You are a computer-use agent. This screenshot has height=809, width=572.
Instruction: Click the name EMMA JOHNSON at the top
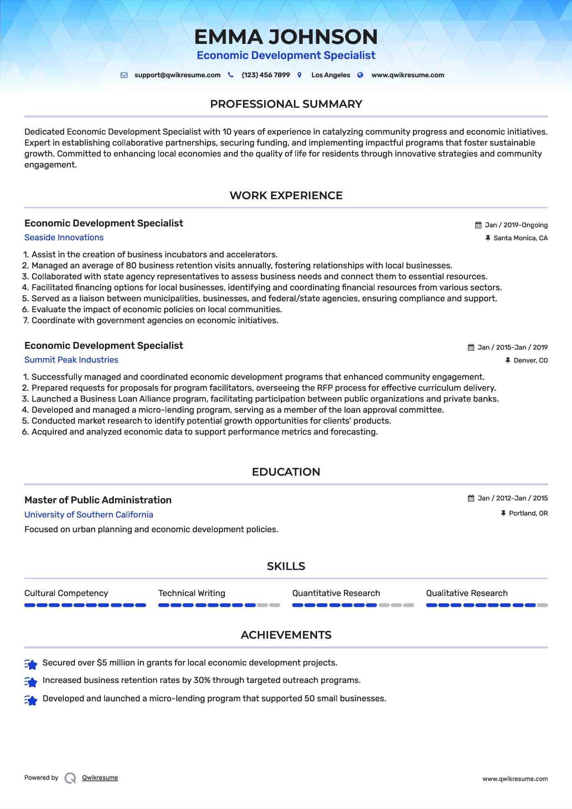[286, 37]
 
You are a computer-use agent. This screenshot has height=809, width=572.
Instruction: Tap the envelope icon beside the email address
[124, 75]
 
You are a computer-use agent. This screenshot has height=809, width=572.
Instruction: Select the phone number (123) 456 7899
[265, 75]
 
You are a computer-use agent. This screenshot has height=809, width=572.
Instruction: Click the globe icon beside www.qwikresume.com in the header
[360, 75]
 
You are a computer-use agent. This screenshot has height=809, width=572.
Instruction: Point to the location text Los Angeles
[330, 75]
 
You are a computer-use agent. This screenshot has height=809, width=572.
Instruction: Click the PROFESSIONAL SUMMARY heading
[286, 104]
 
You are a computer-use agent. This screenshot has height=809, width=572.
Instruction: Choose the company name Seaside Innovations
[64, 237]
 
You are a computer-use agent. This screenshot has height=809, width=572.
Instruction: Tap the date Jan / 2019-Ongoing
[516, 225]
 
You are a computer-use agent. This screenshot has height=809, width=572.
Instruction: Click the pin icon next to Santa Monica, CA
[488, 238]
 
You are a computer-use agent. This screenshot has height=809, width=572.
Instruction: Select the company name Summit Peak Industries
[71, 360]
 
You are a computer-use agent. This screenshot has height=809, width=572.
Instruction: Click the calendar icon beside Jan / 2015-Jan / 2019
[471, 348]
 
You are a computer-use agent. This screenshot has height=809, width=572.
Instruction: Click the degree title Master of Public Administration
[98, 500]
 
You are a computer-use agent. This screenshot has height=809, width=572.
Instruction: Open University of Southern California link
[89, 515]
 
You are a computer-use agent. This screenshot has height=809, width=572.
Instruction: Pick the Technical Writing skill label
[191, 593]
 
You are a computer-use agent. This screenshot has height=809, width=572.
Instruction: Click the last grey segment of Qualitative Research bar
[542, 605]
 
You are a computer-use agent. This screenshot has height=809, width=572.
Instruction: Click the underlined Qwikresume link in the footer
[100, 778]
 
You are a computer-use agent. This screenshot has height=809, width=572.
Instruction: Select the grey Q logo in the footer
[70, 778]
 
